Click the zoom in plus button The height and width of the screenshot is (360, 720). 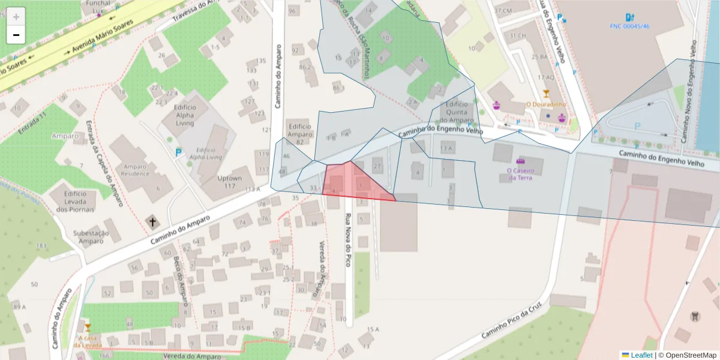point(16,16)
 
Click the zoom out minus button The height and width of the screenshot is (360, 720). point(16,35)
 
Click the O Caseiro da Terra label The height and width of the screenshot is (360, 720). point(520,173)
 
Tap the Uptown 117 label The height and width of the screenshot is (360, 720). point(229,182)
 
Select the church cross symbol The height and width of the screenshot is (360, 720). point(152,223)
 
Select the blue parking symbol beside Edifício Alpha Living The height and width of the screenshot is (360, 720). point(178,153)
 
